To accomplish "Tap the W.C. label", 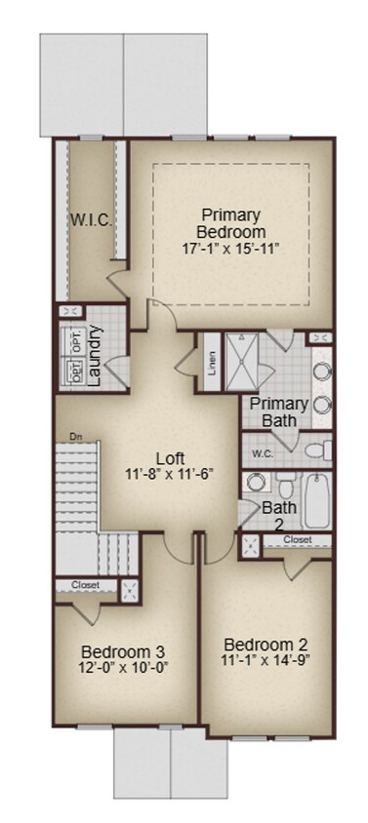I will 262,453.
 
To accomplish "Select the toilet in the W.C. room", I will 312,451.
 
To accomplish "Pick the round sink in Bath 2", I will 256,482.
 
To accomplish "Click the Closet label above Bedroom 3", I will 85,585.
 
